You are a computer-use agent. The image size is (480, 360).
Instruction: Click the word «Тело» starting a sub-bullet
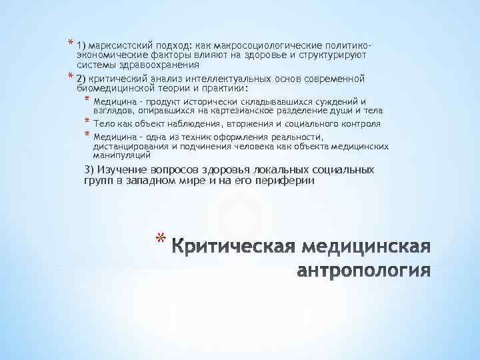tap(103, 123)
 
